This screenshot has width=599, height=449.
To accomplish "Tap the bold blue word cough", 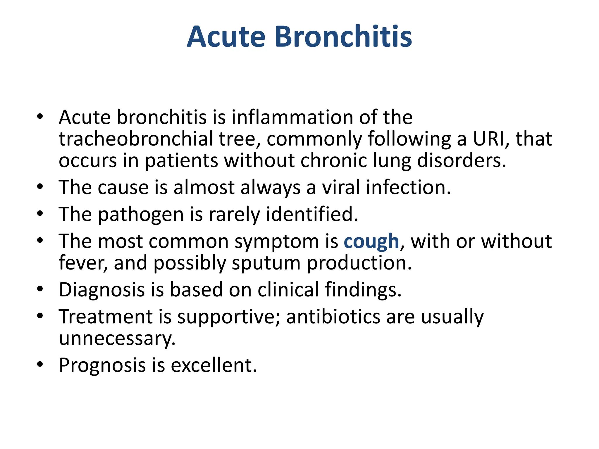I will click(371, 241).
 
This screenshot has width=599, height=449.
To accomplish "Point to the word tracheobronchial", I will click(136, 139).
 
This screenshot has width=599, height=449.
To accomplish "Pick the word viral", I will click(341, 187).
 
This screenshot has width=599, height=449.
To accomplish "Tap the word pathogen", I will click(141, 215).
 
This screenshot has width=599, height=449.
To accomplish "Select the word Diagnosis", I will click(102, 290).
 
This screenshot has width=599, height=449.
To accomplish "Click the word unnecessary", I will click(117, 339).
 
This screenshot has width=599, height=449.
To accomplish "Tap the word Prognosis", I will click(102, 365).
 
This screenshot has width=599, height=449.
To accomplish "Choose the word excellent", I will click(214, 365).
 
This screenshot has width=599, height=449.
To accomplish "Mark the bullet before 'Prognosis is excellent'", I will click(40, 365).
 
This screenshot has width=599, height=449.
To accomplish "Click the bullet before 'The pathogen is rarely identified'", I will click(40, 214).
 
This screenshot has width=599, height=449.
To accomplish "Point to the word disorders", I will click(461, 160).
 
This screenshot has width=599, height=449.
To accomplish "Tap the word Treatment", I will click(106, 317).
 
